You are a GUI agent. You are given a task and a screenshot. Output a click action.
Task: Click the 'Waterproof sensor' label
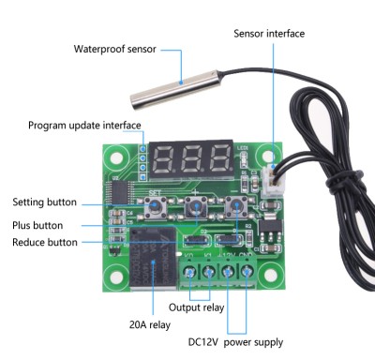114,49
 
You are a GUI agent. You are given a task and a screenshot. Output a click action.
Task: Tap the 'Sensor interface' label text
269,34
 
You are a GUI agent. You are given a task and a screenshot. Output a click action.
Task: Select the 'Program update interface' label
84,126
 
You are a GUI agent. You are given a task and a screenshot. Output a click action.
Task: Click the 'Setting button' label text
45,202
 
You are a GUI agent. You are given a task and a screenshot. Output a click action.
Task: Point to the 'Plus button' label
37,225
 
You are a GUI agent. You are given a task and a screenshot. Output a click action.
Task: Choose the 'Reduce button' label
45,242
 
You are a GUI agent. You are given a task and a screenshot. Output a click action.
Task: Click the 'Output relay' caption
197,307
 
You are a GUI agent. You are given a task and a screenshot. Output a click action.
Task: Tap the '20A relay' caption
150,324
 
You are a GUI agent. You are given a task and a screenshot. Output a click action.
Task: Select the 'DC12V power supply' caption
235,342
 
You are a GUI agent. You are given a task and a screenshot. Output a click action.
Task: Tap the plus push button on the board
196,207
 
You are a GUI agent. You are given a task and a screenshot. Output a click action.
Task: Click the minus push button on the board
236,206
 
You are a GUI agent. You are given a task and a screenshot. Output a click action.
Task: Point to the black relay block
153,258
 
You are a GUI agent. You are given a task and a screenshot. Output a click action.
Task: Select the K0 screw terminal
189,272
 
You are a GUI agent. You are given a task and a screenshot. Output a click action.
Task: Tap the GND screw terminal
247,272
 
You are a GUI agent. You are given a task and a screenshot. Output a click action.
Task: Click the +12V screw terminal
228,272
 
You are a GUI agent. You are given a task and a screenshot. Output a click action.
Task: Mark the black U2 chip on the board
120,192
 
